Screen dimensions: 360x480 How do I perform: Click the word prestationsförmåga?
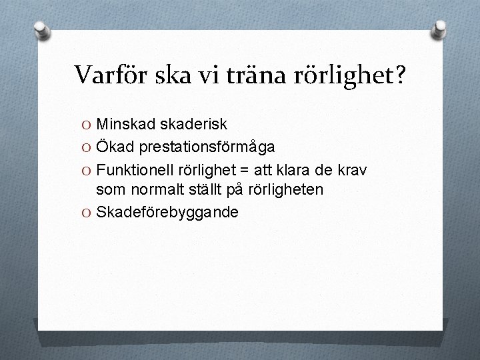click(x=209, y=147)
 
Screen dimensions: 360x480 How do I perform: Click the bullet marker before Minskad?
click(x=88, y=125)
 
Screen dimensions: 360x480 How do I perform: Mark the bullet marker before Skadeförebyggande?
click(x=88, y=213)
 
